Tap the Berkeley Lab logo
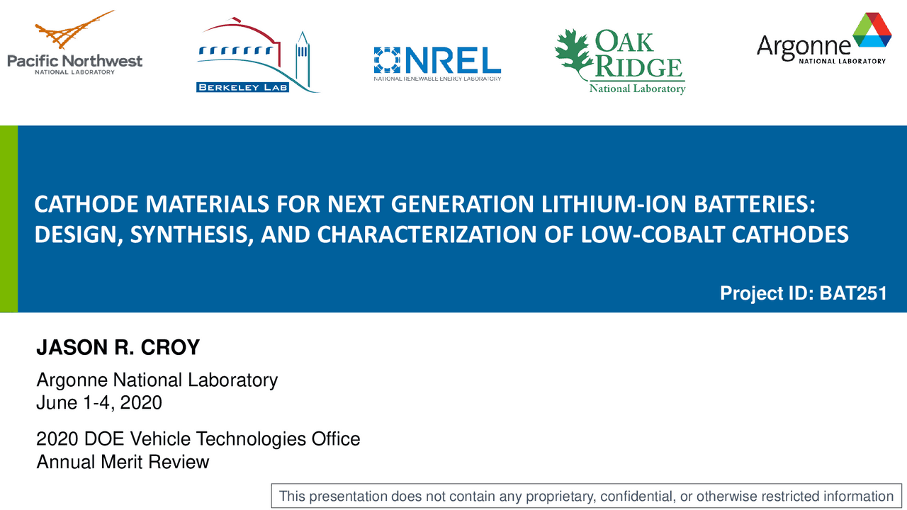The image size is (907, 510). pos(257,57)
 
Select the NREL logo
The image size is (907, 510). pos(437,63)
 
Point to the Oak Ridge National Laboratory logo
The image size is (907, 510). pos(620,62)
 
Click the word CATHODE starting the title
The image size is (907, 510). pos(77,205)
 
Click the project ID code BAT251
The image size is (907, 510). pos(853,293)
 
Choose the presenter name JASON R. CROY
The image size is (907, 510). pos(118,348)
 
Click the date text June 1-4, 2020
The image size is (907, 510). pos(99,402)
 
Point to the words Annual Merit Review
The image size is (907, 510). pos(123,462)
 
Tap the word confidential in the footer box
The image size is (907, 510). pos(636,497)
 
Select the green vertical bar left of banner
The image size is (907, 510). pos(9,219)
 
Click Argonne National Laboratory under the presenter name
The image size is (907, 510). pos(157,380)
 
